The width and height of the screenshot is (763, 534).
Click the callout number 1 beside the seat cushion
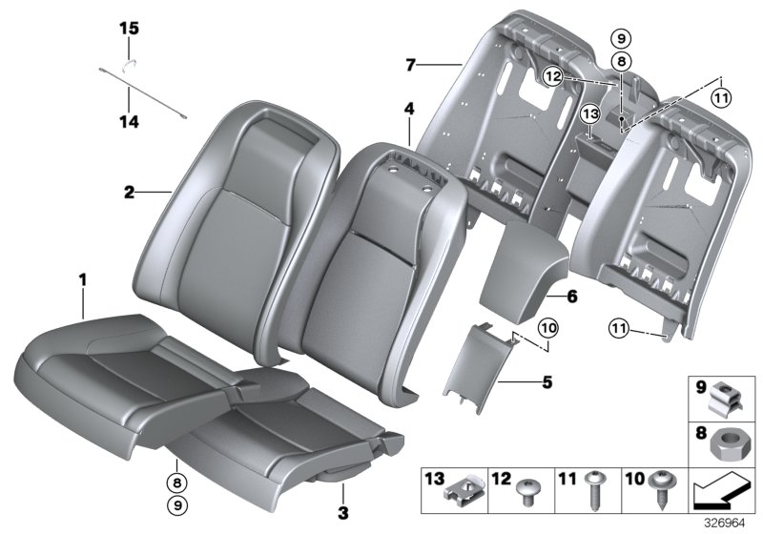(x=83, y=279)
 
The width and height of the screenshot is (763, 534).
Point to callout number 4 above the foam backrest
(x=408, y=110)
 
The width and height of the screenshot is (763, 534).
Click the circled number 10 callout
(x=546, y=327)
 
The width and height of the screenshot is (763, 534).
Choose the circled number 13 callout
(x=590, y=114)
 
